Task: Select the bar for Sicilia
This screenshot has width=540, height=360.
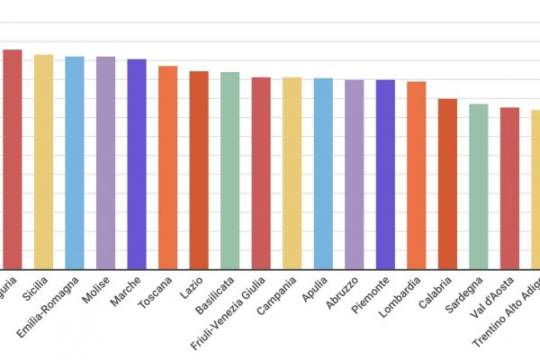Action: click(43, 162)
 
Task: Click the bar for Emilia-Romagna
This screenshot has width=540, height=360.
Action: click(75, 163)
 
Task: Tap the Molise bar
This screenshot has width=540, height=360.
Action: click(105, 163)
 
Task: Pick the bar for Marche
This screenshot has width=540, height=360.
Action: click(137, 164)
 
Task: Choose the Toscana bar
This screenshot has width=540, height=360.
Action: click(167, 167)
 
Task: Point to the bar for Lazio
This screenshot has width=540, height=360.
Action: click(199, 170)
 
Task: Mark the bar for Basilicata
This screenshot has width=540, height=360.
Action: click(229, 171)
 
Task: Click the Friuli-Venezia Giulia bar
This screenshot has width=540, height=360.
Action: click(261, 174)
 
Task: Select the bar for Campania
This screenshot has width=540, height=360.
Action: click(292, 174)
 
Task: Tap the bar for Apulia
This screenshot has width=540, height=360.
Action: click(323, 174)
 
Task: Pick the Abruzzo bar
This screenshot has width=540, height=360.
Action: click(354, 175)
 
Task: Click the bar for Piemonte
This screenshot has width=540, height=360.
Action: click(385, 175)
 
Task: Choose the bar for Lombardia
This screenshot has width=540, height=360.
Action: click(416, 175)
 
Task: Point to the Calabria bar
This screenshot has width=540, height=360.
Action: click(447, 184)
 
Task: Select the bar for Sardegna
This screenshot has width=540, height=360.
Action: click(478, 187)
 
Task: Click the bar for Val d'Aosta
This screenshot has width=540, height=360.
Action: click(509, 188)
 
